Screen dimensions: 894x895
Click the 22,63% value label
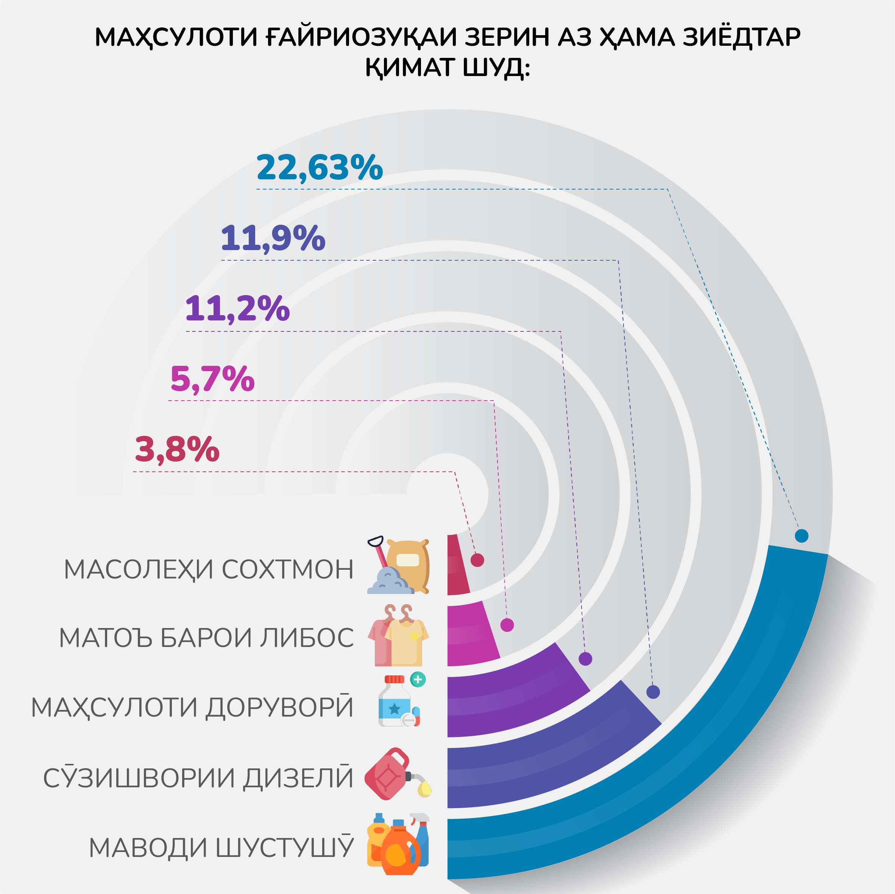[320, 167]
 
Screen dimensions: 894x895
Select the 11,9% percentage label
[273, 238]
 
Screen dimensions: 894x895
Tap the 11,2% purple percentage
[237, 308]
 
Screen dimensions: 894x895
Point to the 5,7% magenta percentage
[212, 379]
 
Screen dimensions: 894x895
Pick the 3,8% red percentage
[177, 449]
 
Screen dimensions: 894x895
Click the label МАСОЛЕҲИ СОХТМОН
[209, 569]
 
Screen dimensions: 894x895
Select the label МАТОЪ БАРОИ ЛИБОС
[207, 637]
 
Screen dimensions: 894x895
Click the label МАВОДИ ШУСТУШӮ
[221, 848]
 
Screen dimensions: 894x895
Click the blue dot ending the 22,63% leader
[801, 536]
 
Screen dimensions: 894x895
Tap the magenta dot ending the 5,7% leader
[507, 625]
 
